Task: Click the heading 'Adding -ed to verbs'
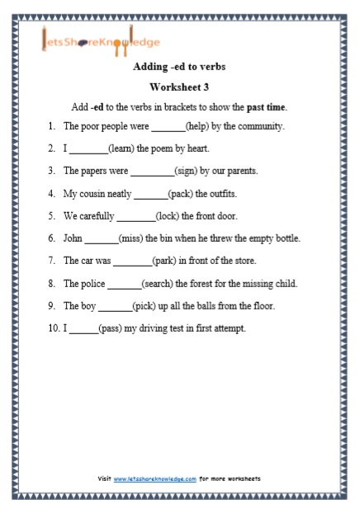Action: point(179,67)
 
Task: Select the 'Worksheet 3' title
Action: point(179,87)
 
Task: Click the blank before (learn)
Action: point(88,149)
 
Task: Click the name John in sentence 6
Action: point(73,238)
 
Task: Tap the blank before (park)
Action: point(132,261)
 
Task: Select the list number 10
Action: point(52,328)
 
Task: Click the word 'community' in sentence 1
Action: point(260,126)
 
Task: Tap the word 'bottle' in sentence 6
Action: point(286,238)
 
